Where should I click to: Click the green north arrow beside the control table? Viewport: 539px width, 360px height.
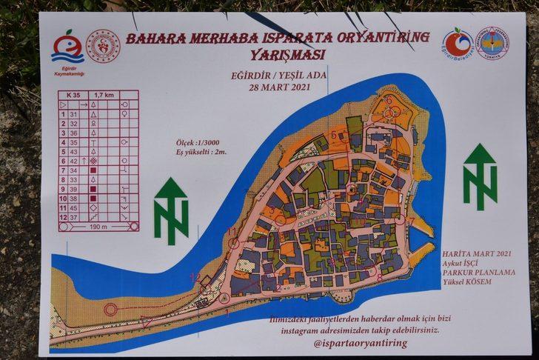[171, 210]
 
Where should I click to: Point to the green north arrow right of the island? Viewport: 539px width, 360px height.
[481, 176]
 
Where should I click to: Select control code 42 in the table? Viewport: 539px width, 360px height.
[73, 161]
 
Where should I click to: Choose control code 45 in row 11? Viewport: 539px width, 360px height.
[73, 208]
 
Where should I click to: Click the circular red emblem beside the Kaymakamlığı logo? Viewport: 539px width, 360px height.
[103, 46]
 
